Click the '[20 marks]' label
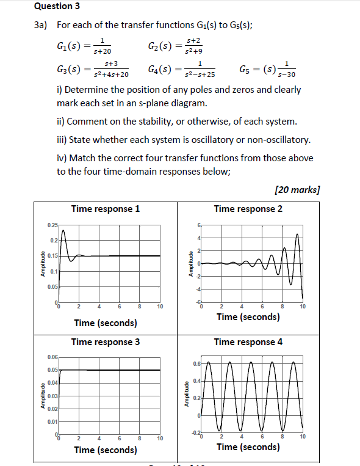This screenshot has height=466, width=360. coord(297,189)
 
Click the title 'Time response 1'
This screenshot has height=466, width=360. coord(106,209)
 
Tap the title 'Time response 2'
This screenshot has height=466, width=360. coord(248,209)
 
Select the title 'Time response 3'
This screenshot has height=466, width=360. coord(106,342)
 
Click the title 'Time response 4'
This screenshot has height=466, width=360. coord(248,342)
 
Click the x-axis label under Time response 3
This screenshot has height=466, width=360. coord(106,450)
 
